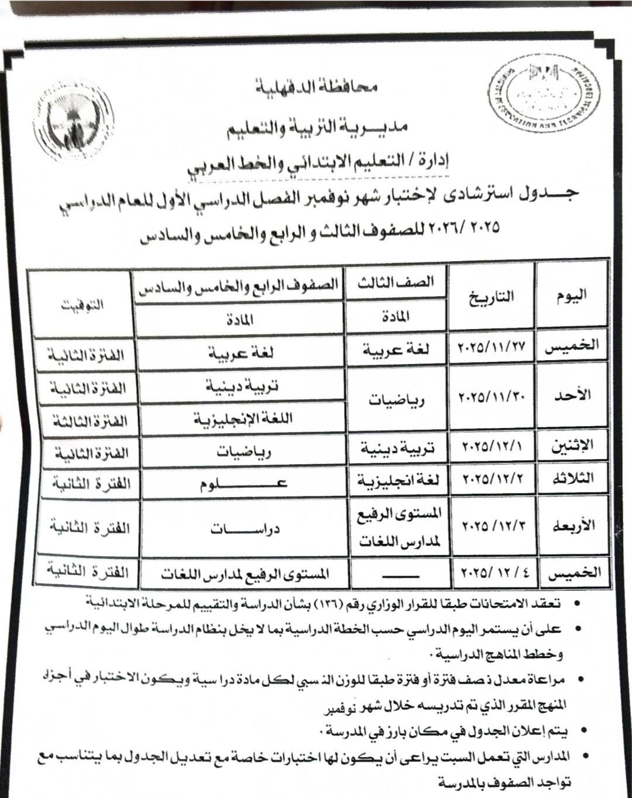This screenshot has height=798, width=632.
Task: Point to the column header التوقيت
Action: [81, 304]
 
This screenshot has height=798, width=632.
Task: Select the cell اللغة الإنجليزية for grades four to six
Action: [241, 419]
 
